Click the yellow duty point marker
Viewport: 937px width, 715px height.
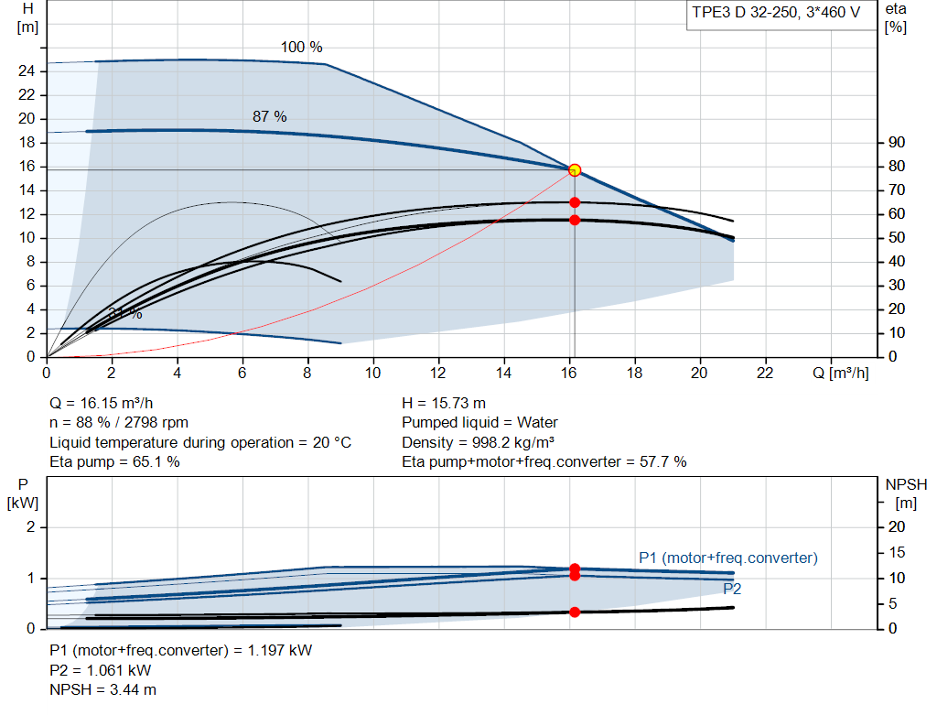coord(575,170)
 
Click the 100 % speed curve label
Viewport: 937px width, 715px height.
coord(301,48)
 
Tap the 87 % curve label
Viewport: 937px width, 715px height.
coord(270,116)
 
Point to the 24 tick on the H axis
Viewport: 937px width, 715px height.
coord(27,71)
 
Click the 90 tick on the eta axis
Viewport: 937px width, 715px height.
coord(897,142)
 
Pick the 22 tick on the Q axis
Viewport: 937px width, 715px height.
coord(764,373)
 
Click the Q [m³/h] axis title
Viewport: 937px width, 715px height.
coord(840,373)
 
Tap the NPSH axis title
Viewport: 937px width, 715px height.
coord(906,485)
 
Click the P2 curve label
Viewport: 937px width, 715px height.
coord(732,589)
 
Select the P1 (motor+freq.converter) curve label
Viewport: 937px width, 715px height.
coord(727,558)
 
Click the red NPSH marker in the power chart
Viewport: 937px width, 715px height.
coord(575,612)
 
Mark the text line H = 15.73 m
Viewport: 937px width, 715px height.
coord(444,404)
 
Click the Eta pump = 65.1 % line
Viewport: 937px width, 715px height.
coord(114,462)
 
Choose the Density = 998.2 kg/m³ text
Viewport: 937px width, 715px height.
coord(478,442)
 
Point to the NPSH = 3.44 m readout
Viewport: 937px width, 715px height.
coord(102,690)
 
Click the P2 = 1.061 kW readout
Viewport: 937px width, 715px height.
coord(101,671)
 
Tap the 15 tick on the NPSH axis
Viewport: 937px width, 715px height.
coord(897,552)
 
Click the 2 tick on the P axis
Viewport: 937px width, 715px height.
coord(30,527)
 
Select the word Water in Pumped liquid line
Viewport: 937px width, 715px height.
coord(537,423)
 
